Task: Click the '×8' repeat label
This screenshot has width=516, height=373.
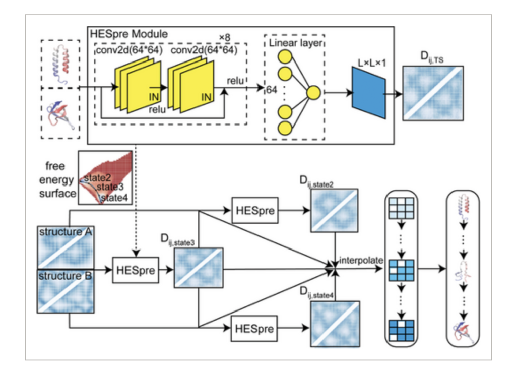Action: pos(224,37)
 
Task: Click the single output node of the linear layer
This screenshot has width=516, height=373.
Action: pos(313,92)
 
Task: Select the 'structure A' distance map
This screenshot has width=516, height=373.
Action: pos(62,246)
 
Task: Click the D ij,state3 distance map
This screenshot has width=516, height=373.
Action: pos(198,268)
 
